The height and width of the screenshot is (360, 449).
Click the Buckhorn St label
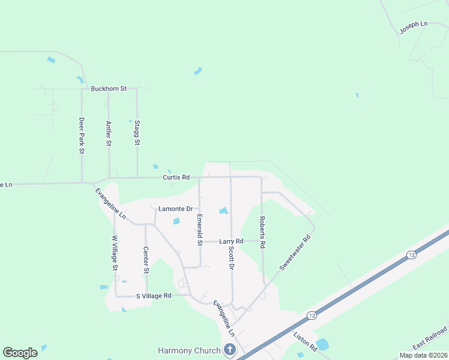(109, 89)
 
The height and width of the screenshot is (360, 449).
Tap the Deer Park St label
(82, 136)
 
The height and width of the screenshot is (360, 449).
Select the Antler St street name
(109, 133)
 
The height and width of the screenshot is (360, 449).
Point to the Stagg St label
(137, 133)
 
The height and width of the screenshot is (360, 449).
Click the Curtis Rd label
(176, 178)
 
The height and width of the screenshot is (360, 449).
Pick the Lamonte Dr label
(175, 209)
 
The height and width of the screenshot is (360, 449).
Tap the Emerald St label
(200, 230)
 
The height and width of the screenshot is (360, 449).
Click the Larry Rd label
(231, 241)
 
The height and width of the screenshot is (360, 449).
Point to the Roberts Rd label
(262, 232)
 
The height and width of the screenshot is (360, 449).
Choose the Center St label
(146, 260)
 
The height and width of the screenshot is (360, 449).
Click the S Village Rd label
(154, 296)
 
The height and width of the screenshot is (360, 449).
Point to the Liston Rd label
(305, 340)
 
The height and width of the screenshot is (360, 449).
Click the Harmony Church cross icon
(229, 350)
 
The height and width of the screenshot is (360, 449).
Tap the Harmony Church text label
(187, 350)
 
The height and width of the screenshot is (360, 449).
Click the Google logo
(20, 353)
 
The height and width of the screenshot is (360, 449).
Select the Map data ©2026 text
(423, 355)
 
